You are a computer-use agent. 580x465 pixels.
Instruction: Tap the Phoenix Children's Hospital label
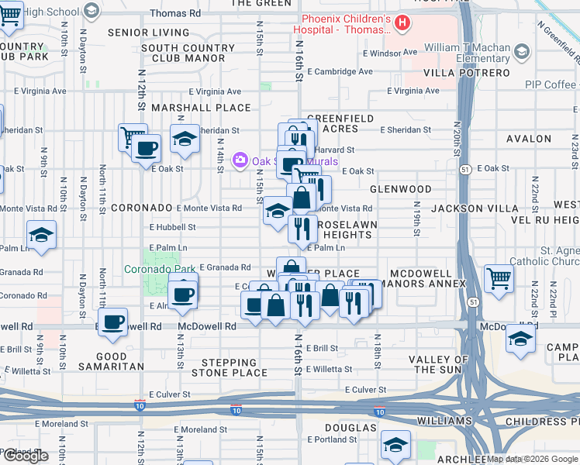point(341,24)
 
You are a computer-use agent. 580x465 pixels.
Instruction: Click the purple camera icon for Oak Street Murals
point(240,160)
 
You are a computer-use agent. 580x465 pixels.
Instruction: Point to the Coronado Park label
point(161,270)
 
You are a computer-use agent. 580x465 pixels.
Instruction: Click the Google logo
point(26,456)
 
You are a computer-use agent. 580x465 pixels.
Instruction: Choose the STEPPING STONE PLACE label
point(239,367)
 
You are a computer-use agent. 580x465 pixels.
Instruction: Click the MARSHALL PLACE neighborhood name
point(201,108)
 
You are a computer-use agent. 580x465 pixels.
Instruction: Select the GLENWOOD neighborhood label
point(400,189)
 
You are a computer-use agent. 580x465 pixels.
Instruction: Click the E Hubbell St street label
point(173,227)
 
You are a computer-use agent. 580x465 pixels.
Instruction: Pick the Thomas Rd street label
point(175,13)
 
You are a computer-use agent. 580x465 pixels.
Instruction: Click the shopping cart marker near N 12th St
point(133,137)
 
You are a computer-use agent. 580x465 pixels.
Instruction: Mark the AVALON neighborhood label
point(528,139)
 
